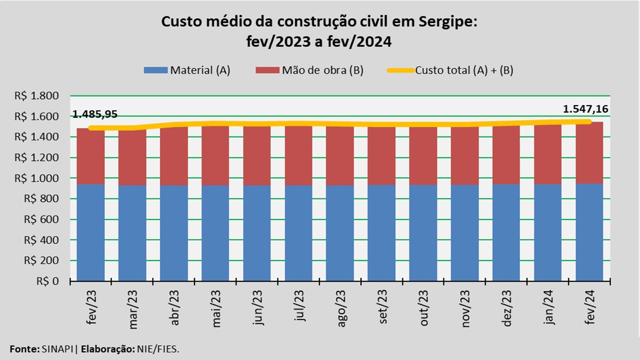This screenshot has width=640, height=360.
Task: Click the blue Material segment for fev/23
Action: tap(90, 232)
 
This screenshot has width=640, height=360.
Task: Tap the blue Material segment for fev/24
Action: tap(589, 232)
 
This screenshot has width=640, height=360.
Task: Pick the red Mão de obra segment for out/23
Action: tap(423, 156)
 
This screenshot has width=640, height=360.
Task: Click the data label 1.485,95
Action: tap(95, 114)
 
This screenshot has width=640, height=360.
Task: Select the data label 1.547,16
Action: tap(585, 109)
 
